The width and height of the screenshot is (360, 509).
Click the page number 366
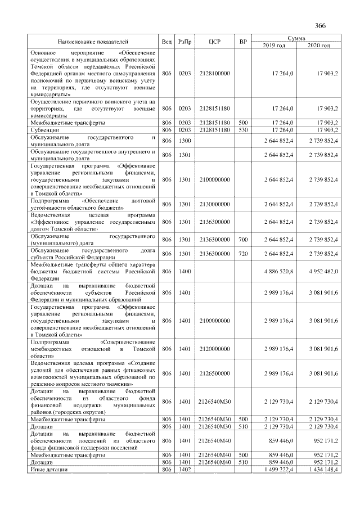[x=320, y=26]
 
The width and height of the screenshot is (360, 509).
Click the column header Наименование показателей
[x=93, y=42]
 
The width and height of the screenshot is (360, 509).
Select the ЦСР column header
[x=213, y=42]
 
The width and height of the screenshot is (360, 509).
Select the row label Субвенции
[x=44, y=130]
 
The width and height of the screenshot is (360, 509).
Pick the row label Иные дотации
[x=49, y=469]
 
